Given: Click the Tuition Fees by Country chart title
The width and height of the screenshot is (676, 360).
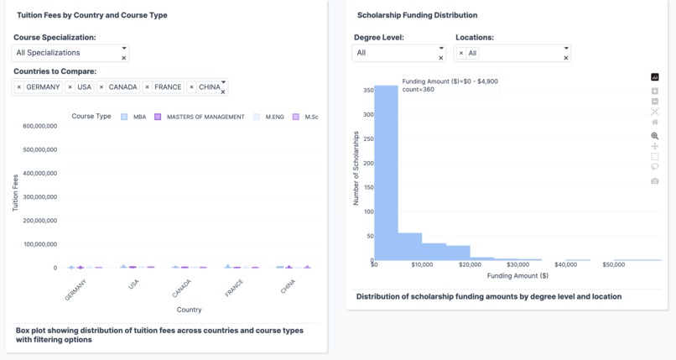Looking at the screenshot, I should click(x=92, y=15).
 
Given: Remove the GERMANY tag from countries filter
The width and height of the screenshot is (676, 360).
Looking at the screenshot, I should click(x=19, y=87).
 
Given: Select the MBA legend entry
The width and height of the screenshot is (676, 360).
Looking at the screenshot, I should click(x=133, y=117).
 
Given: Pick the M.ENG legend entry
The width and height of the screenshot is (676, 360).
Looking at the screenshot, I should click(x=269, y=117).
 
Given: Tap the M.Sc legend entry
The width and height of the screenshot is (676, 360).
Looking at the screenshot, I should click(x=306, y=117).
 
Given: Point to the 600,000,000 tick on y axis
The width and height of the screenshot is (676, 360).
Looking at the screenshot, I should click(x=39, y=126).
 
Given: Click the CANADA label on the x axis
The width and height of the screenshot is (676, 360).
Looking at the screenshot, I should click(x=182, y=290).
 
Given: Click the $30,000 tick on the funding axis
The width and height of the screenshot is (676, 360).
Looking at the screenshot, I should click(x=517, y=264).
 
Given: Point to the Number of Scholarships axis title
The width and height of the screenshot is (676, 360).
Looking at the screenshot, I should click(x=356, y=168).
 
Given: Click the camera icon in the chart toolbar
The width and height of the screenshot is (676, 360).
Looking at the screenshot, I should click(x=655, y=180).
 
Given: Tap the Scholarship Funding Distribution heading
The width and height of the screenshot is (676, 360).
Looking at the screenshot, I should click(x=417, y=15).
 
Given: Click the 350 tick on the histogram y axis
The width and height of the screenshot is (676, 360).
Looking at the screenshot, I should click(x=368, y=90).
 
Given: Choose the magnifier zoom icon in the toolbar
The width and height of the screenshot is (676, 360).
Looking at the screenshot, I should click(x=655, y=135).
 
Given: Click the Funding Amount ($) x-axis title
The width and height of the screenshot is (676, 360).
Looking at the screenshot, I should click(x=517, y=275).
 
